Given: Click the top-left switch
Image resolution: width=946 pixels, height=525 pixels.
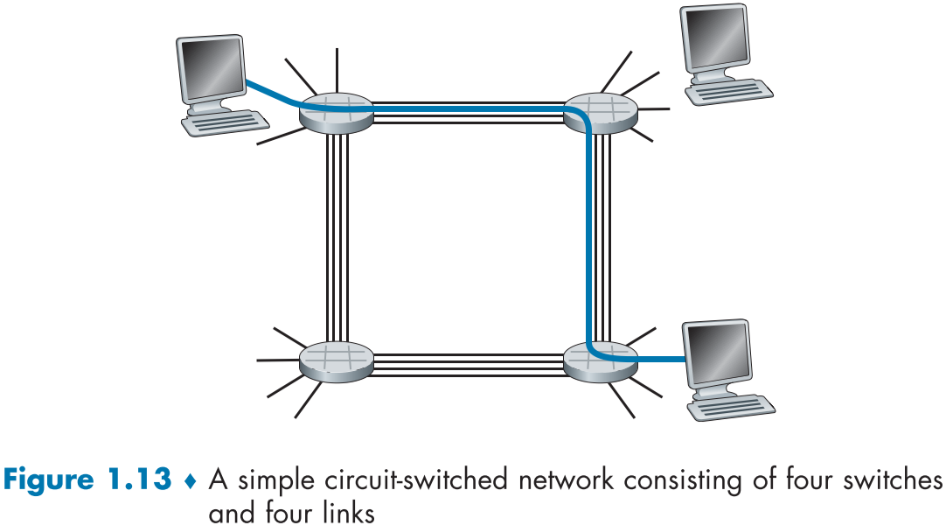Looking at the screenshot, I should coord(337,112).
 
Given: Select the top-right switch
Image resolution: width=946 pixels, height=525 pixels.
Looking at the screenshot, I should coord(602,111).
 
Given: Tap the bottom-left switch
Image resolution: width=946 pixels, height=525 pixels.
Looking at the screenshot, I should coord(337,360).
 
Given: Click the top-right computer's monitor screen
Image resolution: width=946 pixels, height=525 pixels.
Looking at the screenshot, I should coord(714,38).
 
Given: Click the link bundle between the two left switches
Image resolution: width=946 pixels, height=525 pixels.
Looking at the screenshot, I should coord(337,236).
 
